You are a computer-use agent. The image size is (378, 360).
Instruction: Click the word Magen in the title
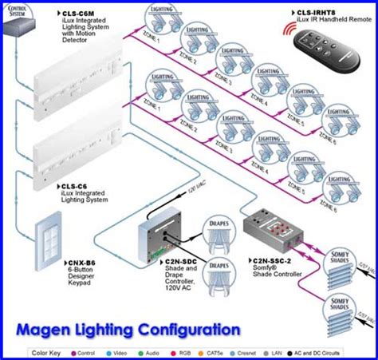[49, 328]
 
